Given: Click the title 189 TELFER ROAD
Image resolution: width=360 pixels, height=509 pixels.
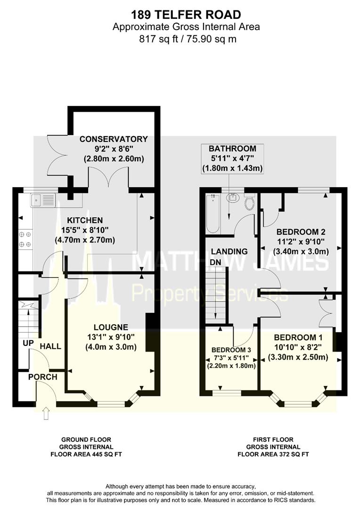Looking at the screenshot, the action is pyautogui.click(x=186, y=15).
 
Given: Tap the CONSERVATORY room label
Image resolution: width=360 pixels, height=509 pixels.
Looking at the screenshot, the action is pyautogui.click(x=114, y=139).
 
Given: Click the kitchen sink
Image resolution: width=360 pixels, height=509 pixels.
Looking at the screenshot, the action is pyautogui.click(x=43, y=201).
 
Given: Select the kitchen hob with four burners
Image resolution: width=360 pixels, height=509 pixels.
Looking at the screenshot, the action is pyautogui.click(x=25, y=239).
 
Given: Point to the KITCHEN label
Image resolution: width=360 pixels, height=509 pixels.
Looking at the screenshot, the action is pyautogui.click(x=85, y=221).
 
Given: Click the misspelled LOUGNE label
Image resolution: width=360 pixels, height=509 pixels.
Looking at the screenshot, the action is pyautogui.click(x=111, y=327).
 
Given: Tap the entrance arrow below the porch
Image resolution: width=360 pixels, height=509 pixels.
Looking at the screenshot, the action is pyautogui.click(x=45, y=413).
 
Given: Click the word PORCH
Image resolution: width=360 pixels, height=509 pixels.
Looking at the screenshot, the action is pyautogui.click(x=42, y=377).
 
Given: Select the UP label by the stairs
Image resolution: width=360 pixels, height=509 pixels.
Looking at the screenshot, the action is pyautogui.click(x=28, y=343).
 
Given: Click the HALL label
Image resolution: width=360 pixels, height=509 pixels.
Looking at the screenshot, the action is pyautogui.click(x=50, y=346).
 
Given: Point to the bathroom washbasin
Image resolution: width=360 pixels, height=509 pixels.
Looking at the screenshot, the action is pyautogui.click(x=233, y=197).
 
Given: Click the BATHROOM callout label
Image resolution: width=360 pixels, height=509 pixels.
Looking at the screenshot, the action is pyautogui.click(x=232, y=148).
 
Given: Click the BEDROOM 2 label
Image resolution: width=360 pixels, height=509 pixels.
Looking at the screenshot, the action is pyautogui.click(x=301, y=232).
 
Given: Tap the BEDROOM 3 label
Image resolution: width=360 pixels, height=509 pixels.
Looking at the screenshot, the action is pyautogui.click(x=231, y=350).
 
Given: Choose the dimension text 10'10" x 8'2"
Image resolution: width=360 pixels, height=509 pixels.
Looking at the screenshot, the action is pyautogui.click(x=298, y=347).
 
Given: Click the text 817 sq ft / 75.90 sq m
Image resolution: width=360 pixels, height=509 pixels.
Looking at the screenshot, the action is pyautogui.click(x=188, y=39).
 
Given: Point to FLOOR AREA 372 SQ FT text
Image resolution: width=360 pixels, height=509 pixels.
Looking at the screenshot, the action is pyautogui.click(x=273, y=454).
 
